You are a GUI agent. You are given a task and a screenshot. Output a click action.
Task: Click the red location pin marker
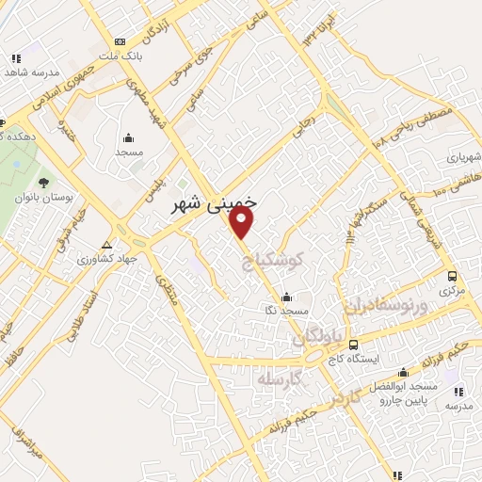(x=243, y=222)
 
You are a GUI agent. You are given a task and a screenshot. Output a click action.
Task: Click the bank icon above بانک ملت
(x=120, y=41)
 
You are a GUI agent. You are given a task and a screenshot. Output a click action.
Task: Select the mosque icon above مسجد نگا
(x=273, y=295)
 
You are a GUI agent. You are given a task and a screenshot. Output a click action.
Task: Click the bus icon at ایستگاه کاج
(x=354, y=345)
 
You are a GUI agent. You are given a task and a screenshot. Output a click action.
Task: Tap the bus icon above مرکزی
(x=452, y=277)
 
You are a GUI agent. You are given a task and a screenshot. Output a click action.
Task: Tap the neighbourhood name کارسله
(x=282, y=378)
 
